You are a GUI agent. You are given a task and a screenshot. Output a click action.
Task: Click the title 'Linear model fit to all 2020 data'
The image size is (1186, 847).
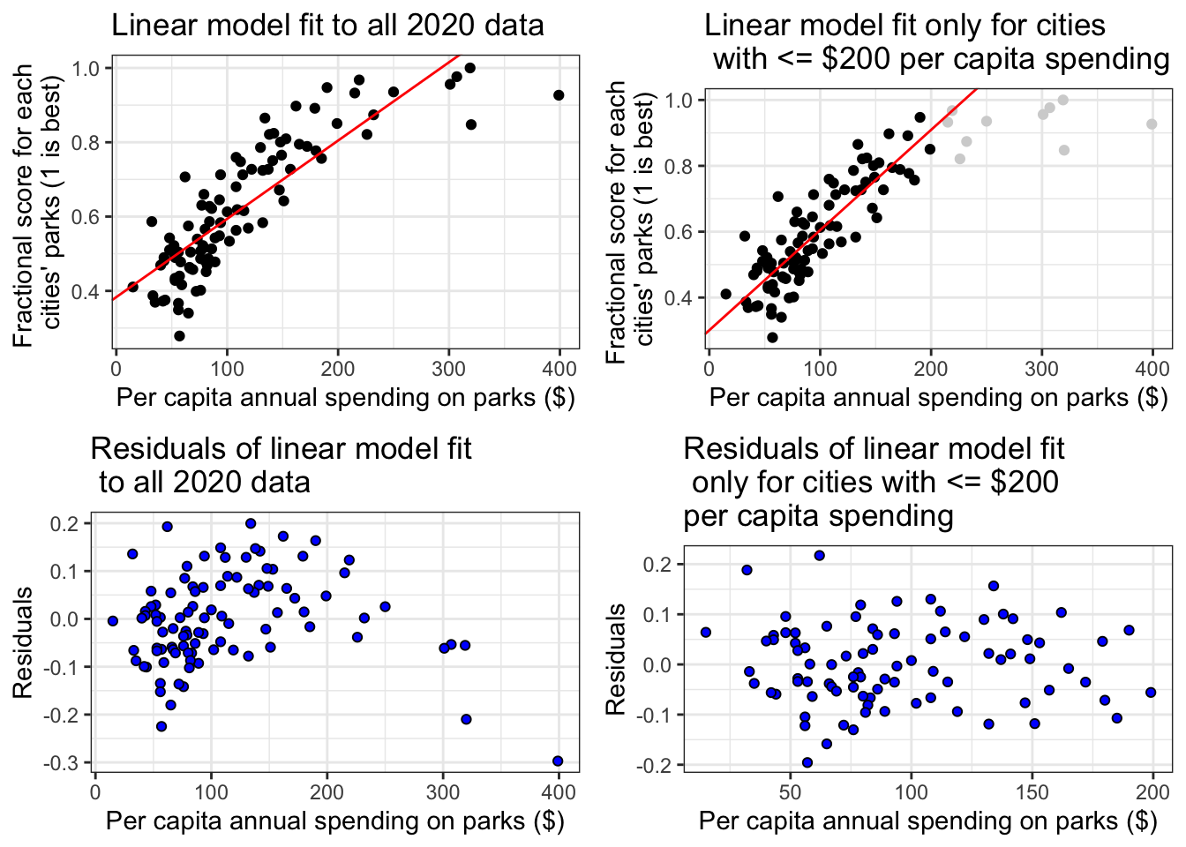pos(327,25)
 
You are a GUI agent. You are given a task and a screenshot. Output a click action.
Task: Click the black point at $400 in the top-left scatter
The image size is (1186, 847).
pos(559,95)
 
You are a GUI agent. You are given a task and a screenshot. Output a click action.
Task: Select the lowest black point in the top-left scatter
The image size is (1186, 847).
pos(179,336)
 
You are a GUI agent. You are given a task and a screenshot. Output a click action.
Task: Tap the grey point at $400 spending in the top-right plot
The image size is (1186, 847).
pos(1152,124)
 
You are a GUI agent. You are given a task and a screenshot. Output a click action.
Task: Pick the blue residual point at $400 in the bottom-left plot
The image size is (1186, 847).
pos(558,761)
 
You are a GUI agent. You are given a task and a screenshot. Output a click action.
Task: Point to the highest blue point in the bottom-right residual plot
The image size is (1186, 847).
pos(819,555)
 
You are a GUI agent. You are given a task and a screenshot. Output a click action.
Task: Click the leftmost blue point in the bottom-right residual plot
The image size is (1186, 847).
pos(706,633)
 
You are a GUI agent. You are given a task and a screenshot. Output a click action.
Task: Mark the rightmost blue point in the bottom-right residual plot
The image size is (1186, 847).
pos(1151,693)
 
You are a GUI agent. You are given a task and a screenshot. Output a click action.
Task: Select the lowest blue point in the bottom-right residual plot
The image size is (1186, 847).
pos(807,762)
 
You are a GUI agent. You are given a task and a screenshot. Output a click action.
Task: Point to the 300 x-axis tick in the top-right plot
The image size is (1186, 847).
pos(1041,367)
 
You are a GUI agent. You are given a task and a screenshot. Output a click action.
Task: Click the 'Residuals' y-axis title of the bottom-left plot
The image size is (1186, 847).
pos(23,641)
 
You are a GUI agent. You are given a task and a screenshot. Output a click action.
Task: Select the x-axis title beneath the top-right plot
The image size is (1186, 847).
pos(938,397)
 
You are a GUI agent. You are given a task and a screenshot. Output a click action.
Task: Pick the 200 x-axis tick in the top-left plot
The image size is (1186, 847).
pos(338,367)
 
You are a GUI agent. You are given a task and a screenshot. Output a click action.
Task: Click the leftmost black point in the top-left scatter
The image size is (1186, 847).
pos(132,287)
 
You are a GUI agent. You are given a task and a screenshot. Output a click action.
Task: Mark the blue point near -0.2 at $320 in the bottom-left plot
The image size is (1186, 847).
pos(466,719)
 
